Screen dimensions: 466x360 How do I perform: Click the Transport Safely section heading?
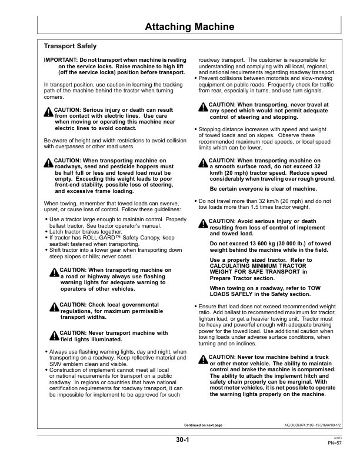pos(71,46)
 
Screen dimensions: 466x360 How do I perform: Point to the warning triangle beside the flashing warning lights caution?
pos(54,271)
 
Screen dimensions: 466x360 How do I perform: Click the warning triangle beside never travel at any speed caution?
pos(204,106)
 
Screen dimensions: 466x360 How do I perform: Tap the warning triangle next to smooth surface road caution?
pos(204,162)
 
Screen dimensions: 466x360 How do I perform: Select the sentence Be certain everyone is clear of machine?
pos(263,189)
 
